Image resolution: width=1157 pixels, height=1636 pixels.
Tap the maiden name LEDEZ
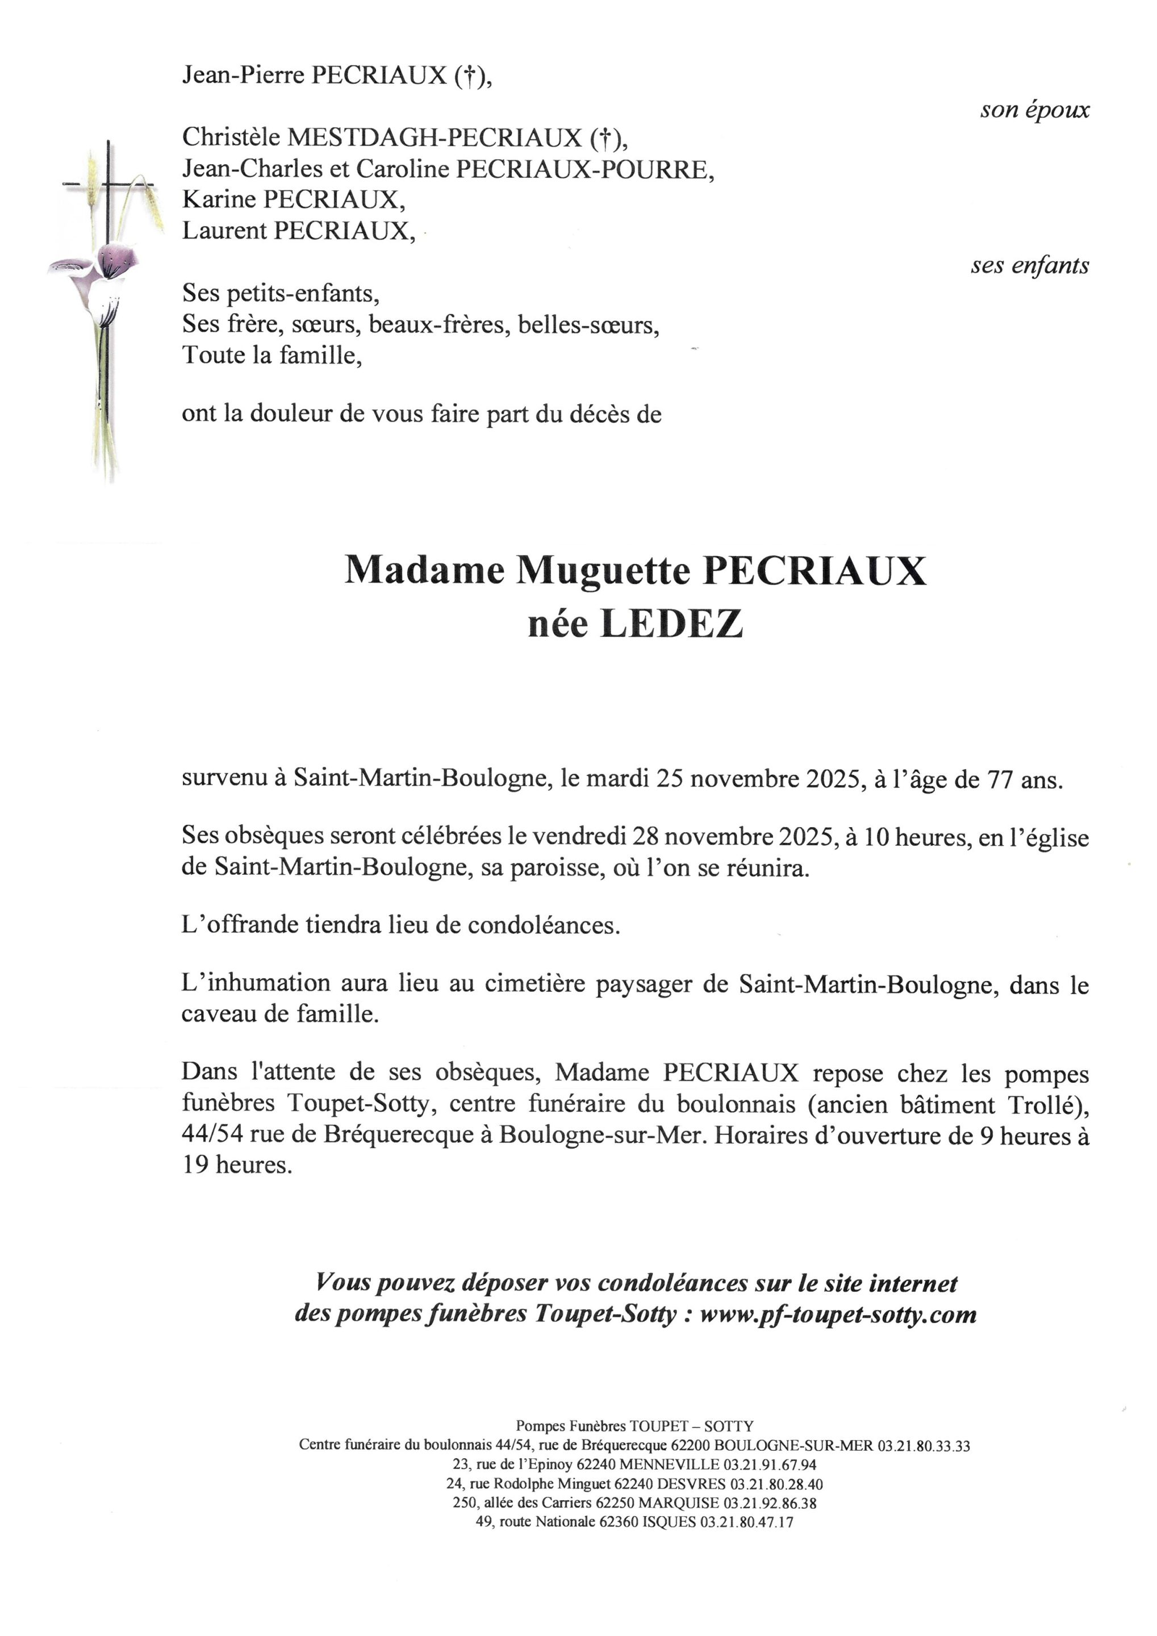pyautogui.click(x=672, y=624)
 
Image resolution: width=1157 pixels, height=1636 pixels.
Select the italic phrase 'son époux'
pyautogui.click(x=1034, y=110)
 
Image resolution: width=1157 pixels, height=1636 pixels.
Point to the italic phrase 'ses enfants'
pyautogui.click(x=1029, y=266)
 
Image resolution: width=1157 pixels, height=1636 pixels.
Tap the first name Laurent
pyautogui.click(x=224, y=231)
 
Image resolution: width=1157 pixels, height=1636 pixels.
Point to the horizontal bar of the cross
pyautogui.click(x=107, y=185)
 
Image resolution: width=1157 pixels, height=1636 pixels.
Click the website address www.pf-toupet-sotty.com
pyautogui.click(x=838, y=1314)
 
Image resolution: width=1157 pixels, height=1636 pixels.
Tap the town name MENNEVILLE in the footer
pyautogui.click(x=669, y=1465)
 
